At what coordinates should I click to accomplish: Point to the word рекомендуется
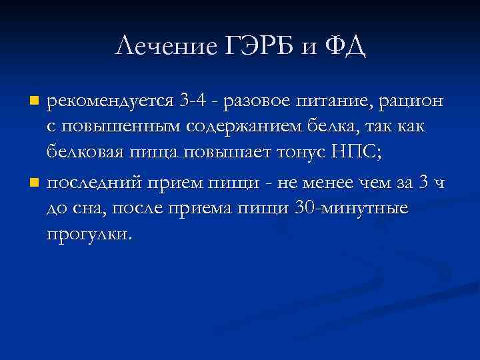pos(110,101)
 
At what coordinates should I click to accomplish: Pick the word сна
pos(85,209)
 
